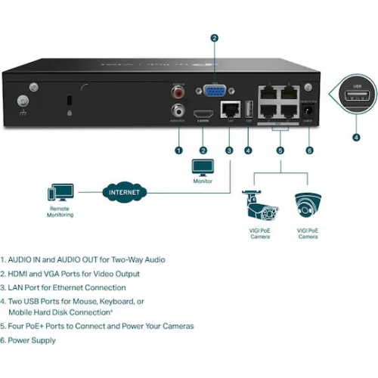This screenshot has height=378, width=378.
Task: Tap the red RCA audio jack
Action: [x=179, y=93]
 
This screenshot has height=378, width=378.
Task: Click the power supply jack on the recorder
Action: [x=308, y=114]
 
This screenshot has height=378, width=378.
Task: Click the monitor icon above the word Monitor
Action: [x=202, y=168]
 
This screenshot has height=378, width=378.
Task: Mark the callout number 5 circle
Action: [x=280, y=150]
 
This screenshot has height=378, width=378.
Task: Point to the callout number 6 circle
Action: [x=308, y=150]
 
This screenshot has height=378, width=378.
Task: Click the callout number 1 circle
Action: [x=178, y=150]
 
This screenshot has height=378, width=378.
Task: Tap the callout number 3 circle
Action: [x=228, y=150]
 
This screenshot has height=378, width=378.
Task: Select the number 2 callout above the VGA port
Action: [x=214, y=37]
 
